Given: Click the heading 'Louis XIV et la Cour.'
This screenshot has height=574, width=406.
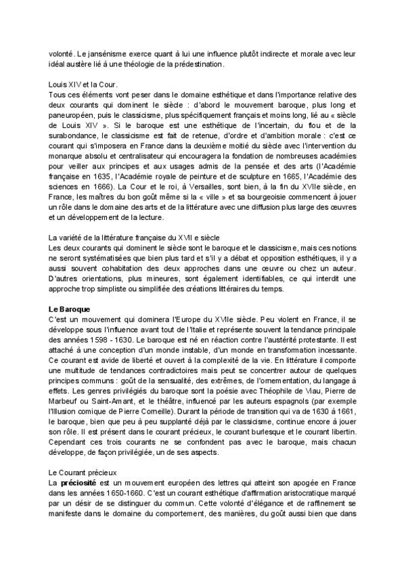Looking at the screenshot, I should pos(77,85).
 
